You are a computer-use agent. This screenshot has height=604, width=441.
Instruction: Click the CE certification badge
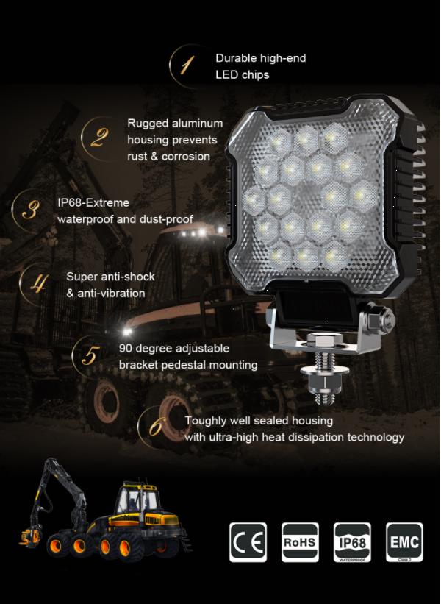point(248,542)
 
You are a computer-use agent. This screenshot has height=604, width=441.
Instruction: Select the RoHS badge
point(300,542)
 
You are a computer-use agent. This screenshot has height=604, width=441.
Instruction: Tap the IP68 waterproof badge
point(352,542)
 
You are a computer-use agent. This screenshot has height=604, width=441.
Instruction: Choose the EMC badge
point(404,542)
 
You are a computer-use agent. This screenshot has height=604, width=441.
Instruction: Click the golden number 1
point(187,65)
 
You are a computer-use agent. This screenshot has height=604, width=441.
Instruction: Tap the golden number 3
point(31,210)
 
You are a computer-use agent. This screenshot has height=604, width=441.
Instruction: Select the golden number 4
point(38,283)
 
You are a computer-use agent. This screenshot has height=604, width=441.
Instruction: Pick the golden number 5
point(90,355)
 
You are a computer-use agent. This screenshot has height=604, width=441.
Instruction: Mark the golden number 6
point(157,427)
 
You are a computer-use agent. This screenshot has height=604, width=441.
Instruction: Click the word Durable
point(236,58)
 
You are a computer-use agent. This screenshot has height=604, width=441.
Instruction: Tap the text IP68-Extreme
point(93,202)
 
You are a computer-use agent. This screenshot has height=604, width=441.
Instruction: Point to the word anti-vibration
point(111,293)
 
